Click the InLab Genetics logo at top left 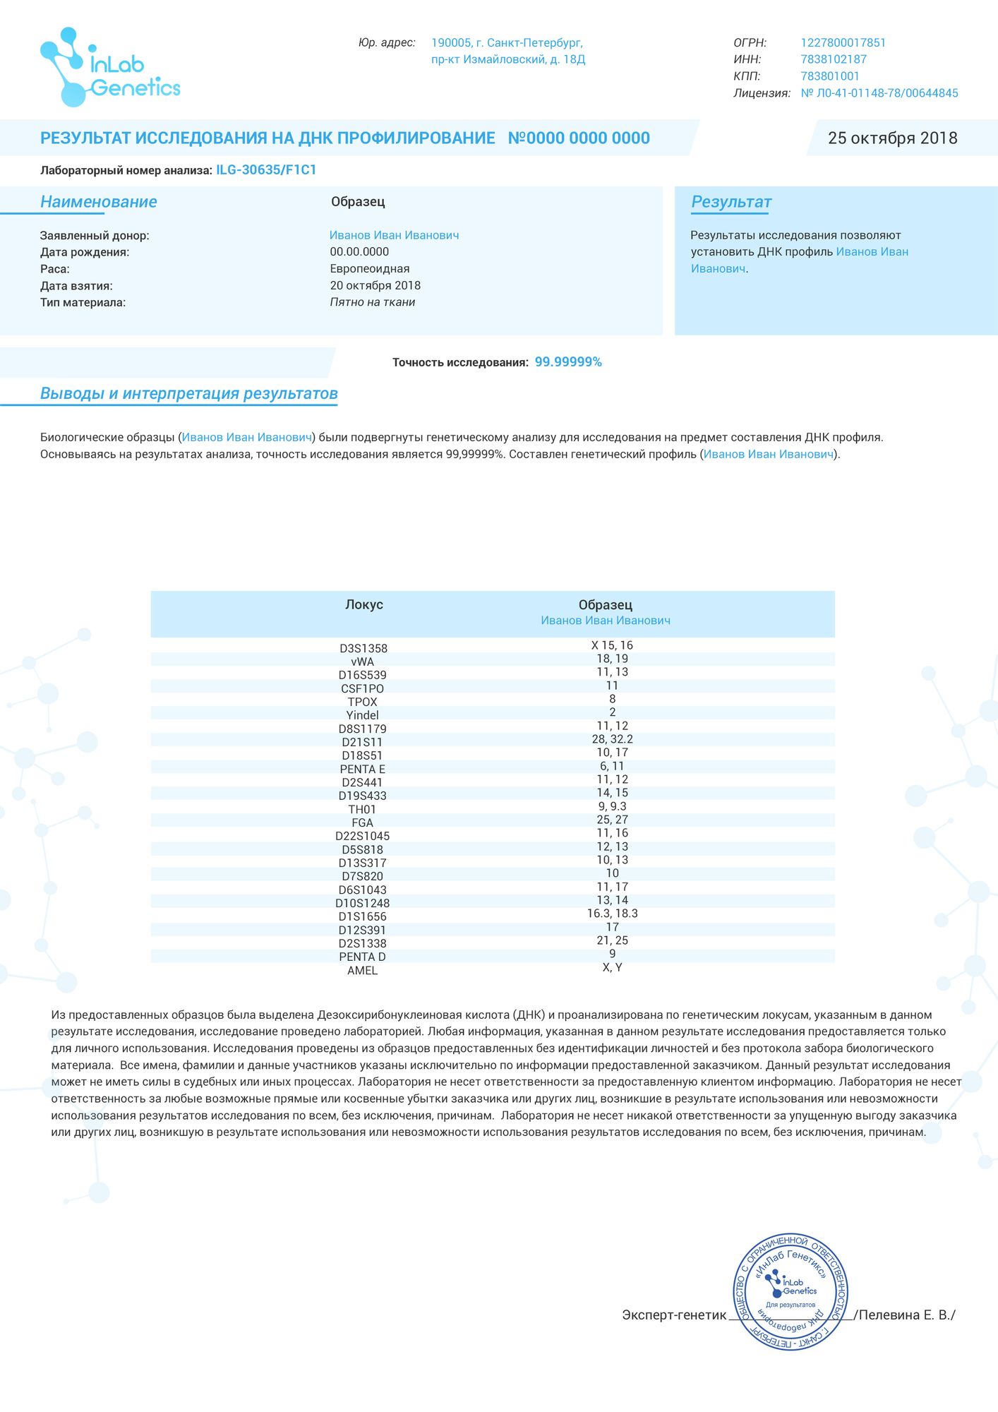pyautogui.click(x=109, y=68)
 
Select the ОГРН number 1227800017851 pyautogui.click(x=843, y=43)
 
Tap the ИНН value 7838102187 pyautogui.click(x=833, y=60)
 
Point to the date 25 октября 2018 pyautogui.click(x=892, y=138)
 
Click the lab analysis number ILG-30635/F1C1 pyautogui.click(x=266, y=170)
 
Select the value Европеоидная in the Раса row pyautogui.click(x=369, y=269)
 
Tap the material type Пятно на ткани pyautogui.click(x=372, y=302)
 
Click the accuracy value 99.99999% pyautogui.click(x=568, y=362)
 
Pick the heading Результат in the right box pyautogui.click(x=731, y=202)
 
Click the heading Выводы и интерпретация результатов pyautogui.click(x=188, y=394)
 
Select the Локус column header pyautogui.click(x=363, y=605)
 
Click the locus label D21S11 pyautogui.click(x=362, y=742)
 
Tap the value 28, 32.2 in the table pyautogui.click(x=612, y=739)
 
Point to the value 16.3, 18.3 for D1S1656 pyautogui.click(x=612, y=914)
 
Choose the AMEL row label pyautogui.click(x=362, y=971)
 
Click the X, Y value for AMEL pyautogui.click(x=612, y=967)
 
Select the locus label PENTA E pyautogui.click(x=362, y=769)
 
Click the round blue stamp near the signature pyautogui.click(x=790, y=1293)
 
